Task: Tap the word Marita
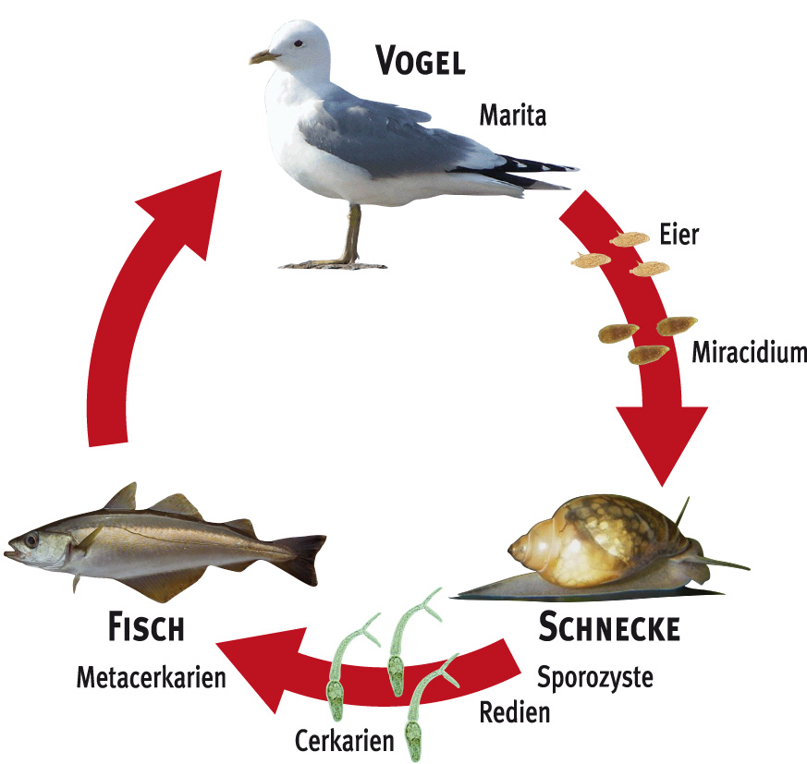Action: point(512,115)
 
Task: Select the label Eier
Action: point(679,234)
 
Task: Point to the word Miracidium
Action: point(749,352)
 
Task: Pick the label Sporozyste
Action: point(594,677)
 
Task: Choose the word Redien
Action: point(515,711)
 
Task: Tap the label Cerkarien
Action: point(344,740)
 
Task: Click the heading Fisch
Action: point(146,629)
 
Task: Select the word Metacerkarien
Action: point(152,678)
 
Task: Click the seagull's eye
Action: point(298,42)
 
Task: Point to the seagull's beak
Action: point(263,57)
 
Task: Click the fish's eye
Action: point(32,539)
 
